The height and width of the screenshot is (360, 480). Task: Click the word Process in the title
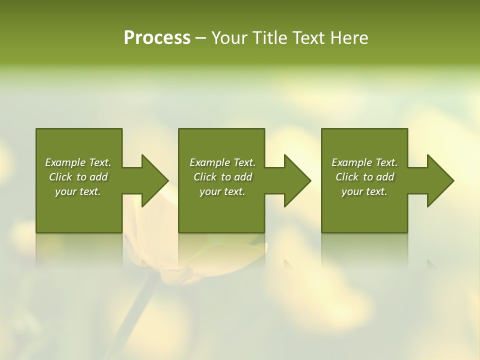[x=157, y=38]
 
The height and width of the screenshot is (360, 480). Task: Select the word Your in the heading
[x=229, y=38]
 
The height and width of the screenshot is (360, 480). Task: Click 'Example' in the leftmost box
[x=65, y=162]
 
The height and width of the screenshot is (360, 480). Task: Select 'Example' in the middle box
[x=210, y=162]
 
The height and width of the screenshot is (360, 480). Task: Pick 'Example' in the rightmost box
[x=352, y=162]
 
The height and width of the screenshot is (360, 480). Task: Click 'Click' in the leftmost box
[x=61, y=177]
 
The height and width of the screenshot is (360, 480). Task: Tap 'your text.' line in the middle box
[x=222, y=191]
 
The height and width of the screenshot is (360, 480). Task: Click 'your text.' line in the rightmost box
[x=364, y=191]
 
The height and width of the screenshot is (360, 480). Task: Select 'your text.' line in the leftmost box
[x=78, y=191]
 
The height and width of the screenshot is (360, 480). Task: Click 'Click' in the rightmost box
[x=347, y=177]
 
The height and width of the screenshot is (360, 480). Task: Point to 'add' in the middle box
[x=243, y=177]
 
